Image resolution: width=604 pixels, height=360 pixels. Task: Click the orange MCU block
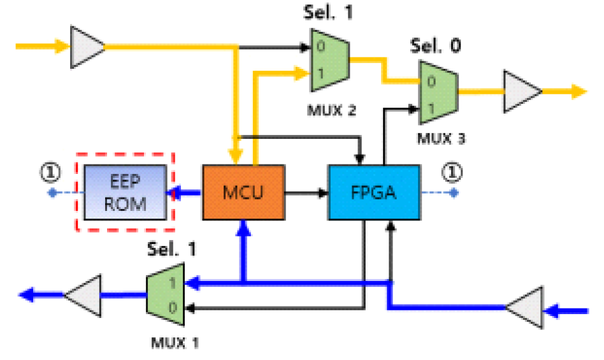242,192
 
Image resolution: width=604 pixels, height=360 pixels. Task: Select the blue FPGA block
374,192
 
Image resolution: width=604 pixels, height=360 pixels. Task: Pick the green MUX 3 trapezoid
437,92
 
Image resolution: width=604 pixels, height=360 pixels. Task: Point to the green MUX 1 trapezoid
165,294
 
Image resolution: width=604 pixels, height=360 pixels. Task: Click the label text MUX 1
175,343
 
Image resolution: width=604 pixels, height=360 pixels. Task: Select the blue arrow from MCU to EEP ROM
187,192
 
